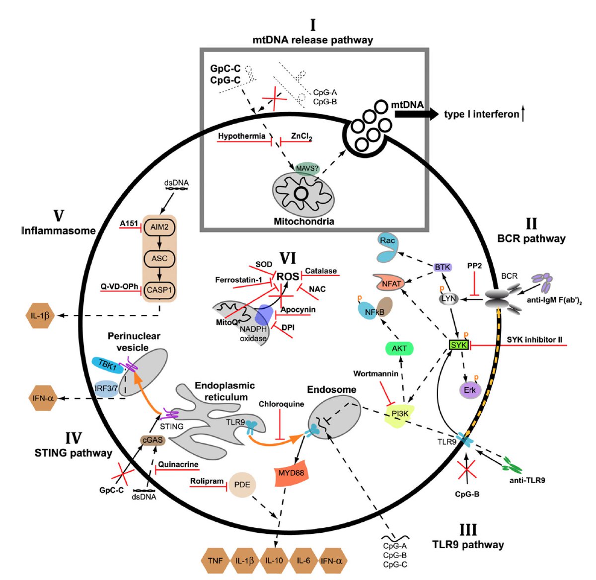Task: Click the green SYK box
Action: (x=458, y=345)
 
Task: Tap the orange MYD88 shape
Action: (x=291, y=473)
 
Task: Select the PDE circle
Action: (x=242, y=485)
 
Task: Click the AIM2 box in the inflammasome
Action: (x=159, y=227)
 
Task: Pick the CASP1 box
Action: (x=159, y=290)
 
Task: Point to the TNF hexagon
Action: (x=216, y=561)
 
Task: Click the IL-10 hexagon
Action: (x=274, y=561)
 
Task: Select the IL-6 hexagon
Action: (x=303, y=561)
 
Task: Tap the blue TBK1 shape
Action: (x=107, y=364)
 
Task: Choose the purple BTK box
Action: (x=443, y=267)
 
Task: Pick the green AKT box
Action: (x=399, y=348)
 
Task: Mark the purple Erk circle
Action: (x=470, y=390)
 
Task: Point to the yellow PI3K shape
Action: (x=400, y=415)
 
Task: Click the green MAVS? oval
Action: (x=307, y=169)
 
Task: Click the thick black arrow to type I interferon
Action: (x=417, y=114)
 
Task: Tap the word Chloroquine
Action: (x=281, y=404)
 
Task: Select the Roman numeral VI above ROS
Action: (x=288, y=258)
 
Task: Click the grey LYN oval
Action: (x=448, y=298)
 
